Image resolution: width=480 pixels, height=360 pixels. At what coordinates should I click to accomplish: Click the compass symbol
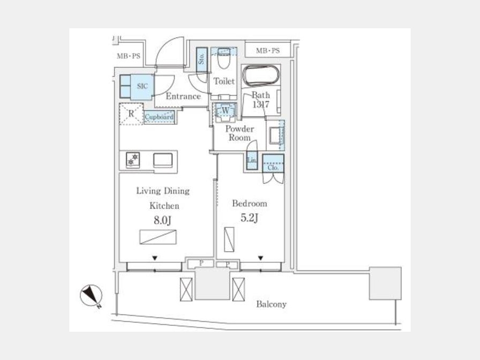(91, 296)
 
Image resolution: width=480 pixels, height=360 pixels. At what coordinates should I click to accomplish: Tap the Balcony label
(271, 304)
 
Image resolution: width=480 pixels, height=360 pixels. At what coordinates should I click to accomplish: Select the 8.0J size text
(162, 220)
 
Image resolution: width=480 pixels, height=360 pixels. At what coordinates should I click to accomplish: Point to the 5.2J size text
(250, 218)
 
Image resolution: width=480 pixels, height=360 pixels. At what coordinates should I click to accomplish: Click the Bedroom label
(250, 203)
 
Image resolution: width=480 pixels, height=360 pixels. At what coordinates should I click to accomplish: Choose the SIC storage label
(142, 86)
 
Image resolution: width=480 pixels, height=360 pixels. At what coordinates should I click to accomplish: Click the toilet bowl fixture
(223, 58)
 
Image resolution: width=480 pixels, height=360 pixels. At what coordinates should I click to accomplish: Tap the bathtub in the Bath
(261, 76)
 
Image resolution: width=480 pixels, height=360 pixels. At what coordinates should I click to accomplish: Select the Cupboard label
(159, 117)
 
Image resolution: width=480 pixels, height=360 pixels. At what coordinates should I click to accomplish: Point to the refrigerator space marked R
(131, 114)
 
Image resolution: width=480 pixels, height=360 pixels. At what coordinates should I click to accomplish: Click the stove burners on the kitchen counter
(133, 160)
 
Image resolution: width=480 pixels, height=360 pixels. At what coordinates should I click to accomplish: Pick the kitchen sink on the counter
(163, 160)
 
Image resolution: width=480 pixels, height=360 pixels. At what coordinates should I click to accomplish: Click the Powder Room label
(239, 133)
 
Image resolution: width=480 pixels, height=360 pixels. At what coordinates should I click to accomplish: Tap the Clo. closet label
(273, 168)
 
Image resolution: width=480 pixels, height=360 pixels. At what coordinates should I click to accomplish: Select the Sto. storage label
(202, 59)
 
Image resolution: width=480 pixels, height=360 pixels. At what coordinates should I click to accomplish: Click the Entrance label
(183, 96)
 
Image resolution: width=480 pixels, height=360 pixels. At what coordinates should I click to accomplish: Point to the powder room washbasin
(275, 135)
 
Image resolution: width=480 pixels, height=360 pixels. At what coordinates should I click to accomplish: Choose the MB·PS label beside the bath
(268, 51)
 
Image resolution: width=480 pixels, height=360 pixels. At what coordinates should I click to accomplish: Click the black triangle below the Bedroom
(260, 258)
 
